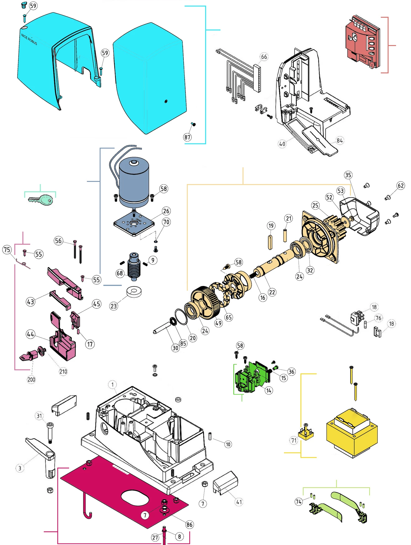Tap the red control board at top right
pyautogui.click(x=362, y=43)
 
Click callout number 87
pyautogui.click(x=187, y=137)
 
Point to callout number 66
pyautogui.click(x=264, y=57)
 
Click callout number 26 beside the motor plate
pyautogui.click(x=166, y=211)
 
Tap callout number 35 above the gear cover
pyautogui.click(x=348, y=175)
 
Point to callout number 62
pyautogui.click(x=401, y=186)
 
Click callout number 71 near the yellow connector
pyautogui.click(x=294, y=440)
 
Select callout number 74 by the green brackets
pyautogui.click(x=299, y=501)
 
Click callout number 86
pyautogui.click(x=189, y=525)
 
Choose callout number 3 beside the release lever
pyautogui.click(x=20, y=468)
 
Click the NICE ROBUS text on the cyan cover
pyautogui.click(x=29, y=39)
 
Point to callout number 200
pyautogui.click(x=31, y=379)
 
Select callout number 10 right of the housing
pyautogui.click(x=228, y=444)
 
